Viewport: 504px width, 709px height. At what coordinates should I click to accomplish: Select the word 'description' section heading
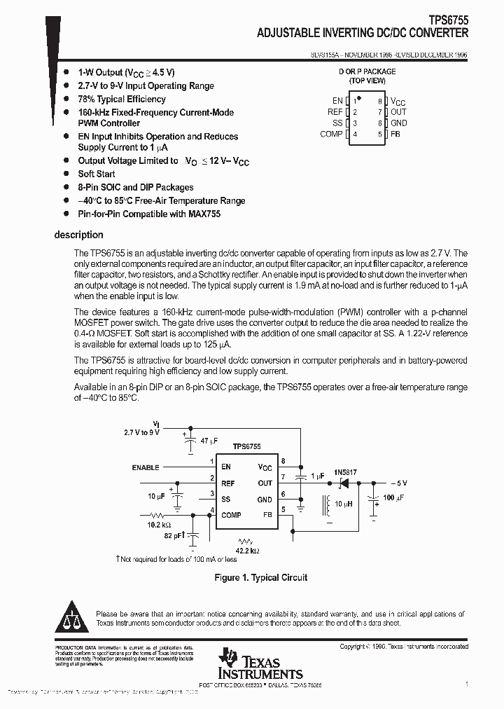tap(78, 235)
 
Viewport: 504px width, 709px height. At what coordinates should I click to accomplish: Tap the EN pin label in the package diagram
tap(337, 101)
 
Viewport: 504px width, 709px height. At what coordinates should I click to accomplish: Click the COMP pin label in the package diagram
tap(331, 134)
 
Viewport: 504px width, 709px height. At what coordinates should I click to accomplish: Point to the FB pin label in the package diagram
tap(395, 134)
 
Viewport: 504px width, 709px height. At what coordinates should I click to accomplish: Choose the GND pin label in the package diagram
tap(398, 123)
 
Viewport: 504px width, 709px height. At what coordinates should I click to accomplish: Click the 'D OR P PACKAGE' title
tap(367, 71)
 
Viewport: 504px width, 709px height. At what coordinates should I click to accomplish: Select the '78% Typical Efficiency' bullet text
tap(121, 99)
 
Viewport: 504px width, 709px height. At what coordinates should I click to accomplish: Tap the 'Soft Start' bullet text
tap(97, 174)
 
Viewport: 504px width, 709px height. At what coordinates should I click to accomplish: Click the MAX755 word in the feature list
tap(204, 214)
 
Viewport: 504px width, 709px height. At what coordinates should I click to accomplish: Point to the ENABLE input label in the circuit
tap(146, 467)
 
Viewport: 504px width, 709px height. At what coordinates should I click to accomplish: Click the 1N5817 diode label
tap(345, 472)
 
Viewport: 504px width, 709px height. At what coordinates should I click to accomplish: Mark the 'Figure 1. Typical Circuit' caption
tap(260, 577)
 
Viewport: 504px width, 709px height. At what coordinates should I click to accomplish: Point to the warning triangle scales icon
tap(72, 616)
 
